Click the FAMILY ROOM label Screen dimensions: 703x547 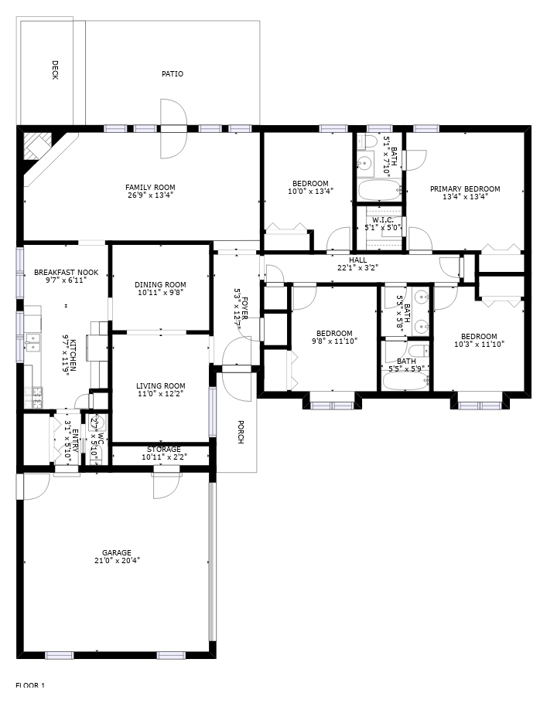(x=150, y=187)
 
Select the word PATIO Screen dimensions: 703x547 (x=173, y=74)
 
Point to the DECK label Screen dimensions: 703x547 (x=55, y=70)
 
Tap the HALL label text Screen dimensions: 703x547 (x=357, y=260)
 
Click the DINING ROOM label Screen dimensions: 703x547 (x=160, y=284)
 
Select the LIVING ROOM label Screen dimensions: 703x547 (x=161, y=386)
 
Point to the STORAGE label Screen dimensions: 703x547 (x=164, y=450)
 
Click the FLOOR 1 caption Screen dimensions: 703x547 (x=31, y=685)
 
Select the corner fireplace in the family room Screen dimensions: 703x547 (x=36, y=145)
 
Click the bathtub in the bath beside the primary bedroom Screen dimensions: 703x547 (x=380, y=189)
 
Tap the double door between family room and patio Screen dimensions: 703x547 (x=174, y=128)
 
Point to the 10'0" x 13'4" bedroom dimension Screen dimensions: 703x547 (x=310, y=192)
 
